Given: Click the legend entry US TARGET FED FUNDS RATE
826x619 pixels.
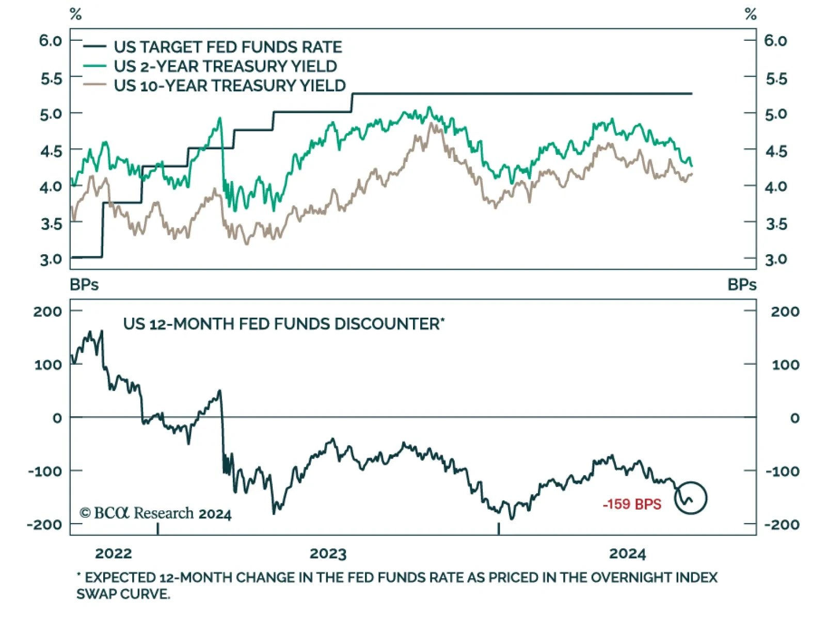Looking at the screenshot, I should (x=228, y=47).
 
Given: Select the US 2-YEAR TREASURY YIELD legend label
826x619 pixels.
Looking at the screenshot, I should (x=225, y=66).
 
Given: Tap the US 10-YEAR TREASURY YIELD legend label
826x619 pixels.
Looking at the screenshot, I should (x=229, y=85).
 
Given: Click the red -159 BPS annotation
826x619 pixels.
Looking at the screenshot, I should (x=632, y=504).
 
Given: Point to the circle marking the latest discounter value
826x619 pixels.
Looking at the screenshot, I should (x=691, y=498).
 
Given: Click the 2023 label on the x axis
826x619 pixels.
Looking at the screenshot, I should (x=328, y=553).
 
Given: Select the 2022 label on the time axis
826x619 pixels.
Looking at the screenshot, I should (x=114, y=553).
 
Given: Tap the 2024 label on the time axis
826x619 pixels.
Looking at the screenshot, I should (x=627, y=553).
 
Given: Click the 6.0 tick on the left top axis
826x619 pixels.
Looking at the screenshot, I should (x=51, y=40).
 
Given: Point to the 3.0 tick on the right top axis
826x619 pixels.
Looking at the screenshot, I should (x=776, y=259).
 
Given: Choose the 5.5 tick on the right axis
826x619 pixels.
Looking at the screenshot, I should (x=776, y=79).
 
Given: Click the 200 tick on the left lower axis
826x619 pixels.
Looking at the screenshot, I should (x=47, y=311).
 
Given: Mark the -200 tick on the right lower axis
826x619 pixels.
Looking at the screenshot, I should (x=782, y=525).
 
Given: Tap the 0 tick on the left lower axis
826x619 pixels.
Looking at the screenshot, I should (x=57, y=418).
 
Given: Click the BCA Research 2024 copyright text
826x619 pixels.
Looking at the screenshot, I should (x=155, y=513).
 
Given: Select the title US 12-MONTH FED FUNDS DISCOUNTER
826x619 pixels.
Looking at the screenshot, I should (x=283, y=324).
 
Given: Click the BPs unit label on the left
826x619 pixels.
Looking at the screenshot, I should (x=84, y=285).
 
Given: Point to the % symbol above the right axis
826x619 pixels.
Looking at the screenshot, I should (x=751, y=14).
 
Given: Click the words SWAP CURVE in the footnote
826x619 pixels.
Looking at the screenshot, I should (x=123, y=594).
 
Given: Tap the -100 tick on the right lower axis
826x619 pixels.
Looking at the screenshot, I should (x=782, y=471).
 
